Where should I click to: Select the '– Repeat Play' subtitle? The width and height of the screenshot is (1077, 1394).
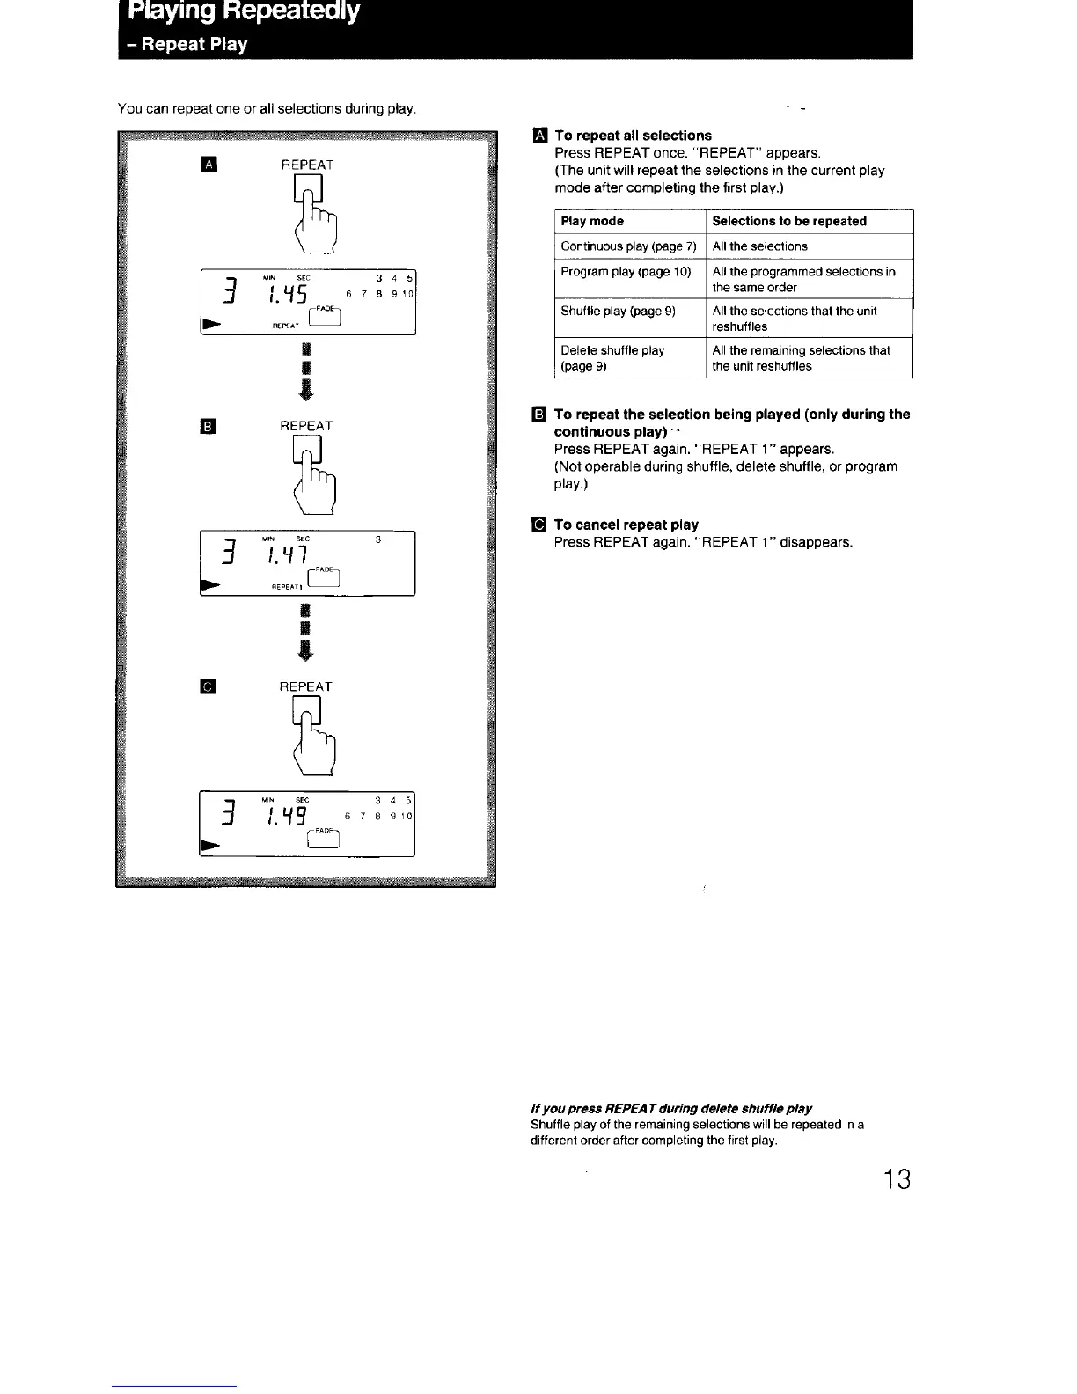186,44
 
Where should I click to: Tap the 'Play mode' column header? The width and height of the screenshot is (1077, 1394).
592,221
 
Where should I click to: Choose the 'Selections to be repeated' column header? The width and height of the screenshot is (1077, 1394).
789,221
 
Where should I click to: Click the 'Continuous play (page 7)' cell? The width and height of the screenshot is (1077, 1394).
628,246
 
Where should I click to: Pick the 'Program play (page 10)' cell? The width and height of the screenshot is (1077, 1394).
626,272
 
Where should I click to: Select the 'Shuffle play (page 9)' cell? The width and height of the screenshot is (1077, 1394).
618,312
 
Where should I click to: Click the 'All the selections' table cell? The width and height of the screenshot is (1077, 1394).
759,246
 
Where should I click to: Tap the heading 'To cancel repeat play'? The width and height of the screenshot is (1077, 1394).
626,525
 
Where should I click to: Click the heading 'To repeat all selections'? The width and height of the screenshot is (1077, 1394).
633,136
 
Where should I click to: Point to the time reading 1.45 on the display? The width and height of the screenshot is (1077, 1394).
287,295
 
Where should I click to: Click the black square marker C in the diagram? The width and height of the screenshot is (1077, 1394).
209,686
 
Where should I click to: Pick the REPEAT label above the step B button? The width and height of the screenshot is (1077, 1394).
306,426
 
